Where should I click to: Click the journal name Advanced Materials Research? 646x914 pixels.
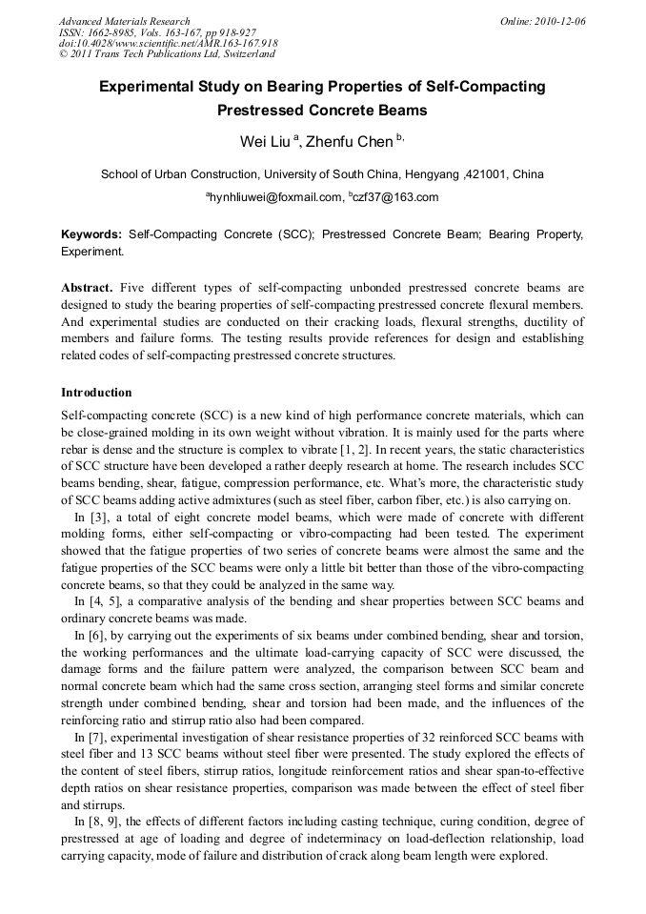124,21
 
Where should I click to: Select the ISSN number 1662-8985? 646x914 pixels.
115,32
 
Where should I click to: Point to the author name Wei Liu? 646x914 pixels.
264,142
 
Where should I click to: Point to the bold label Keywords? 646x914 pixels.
91,234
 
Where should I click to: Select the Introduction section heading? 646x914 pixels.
96,392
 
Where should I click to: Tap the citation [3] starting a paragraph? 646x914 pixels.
95,516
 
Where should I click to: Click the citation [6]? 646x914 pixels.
95,635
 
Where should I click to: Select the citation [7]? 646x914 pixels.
95,738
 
